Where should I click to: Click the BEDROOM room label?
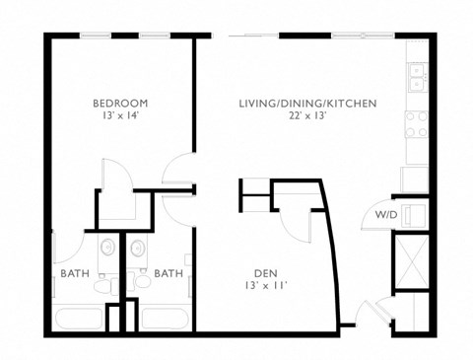coord(120,104)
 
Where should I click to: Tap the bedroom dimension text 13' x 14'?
coord(120,117)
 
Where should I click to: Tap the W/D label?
coord(384,214)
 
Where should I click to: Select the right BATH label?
coord(168,273)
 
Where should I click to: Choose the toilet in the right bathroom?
coord(142,284)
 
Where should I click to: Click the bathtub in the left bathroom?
coord(78,318)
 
